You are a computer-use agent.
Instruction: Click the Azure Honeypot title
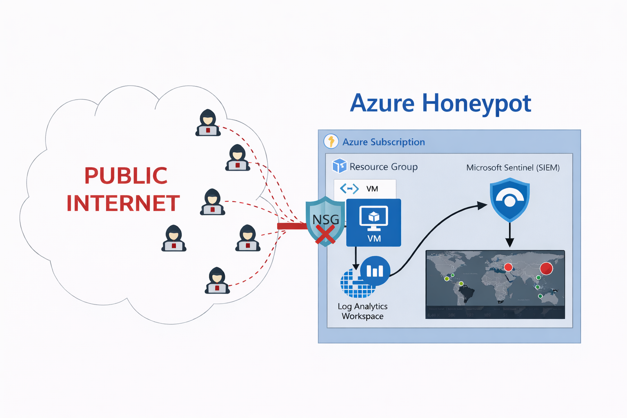[440, 103]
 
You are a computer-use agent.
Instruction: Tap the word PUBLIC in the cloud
[126, 176]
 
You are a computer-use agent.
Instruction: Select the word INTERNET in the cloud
[123, 203]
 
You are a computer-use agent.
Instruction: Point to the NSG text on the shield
[325, 220]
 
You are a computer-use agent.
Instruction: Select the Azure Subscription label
[383, 142]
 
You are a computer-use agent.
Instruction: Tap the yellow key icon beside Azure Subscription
[331, 141]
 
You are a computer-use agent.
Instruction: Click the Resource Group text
[383, 167]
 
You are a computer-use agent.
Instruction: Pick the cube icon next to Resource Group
[339, 166]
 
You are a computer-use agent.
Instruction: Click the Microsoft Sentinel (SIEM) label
[513, 167]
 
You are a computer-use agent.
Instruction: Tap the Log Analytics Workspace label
[362, 311]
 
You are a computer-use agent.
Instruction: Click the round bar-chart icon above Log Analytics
[375, 271]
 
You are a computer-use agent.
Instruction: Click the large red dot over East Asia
[546, 268]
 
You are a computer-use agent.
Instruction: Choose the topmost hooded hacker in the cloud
[208, 122]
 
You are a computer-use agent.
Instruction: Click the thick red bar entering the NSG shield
[291, 226]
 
